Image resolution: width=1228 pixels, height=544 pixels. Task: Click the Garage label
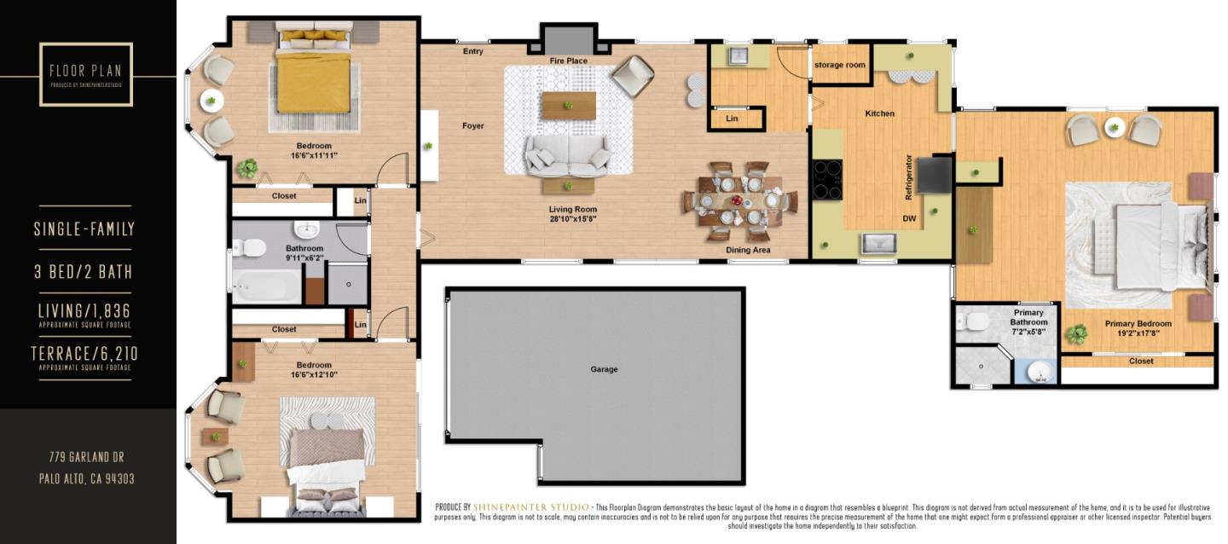coord(603,369)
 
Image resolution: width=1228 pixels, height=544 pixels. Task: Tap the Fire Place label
coord(568,61)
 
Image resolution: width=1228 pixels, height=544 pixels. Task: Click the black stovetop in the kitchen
coord(826,179)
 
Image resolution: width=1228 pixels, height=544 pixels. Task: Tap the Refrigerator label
coord(909,177)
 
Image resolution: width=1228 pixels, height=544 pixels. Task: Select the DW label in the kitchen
coord(909,218)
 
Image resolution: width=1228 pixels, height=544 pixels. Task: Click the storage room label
coord(839,65)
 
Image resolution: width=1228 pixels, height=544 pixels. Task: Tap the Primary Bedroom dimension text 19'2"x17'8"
coord(1138,334)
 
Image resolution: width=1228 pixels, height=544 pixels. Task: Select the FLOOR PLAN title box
coord(86,74)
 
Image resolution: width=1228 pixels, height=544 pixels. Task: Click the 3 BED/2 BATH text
coord(84,272)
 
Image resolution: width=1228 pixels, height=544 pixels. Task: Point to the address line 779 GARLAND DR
coord(86,458)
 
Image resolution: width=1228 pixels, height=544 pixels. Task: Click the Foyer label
coord(473,126)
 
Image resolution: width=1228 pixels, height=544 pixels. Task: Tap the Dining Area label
coord(748,250)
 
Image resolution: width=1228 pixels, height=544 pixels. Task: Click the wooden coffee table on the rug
coord(568,106)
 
